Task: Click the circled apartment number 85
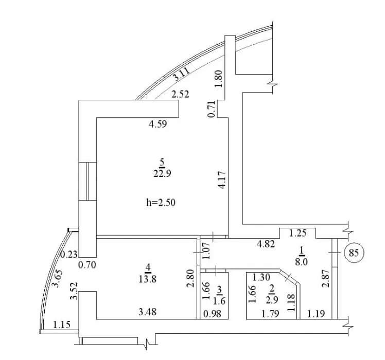(354, 253)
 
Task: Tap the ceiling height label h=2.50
(161, 203)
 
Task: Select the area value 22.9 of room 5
(162, 173)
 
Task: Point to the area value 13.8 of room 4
(148, 279)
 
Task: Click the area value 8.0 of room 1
(301, 262)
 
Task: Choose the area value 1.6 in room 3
(219, 301)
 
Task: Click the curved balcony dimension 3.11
(181, 75)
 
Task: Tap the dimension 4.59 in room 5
(157, 123)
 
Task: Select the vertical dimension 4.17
(222, 180)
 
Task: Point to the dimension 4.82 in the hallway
(266, 244)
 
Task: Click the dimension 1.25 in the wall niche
(297, 233)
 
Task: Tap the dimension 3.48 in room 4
(148, 312)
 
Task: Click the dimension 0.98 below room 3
(213, 313)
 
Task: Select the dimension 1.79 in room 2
(270, 314)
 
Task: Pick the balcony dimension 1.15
(62, 325)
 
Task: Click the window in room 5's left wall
(87, 181)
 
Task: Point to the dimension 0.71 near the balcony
(212, 109)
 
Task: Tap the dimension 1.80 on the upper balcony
(218, 79)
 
